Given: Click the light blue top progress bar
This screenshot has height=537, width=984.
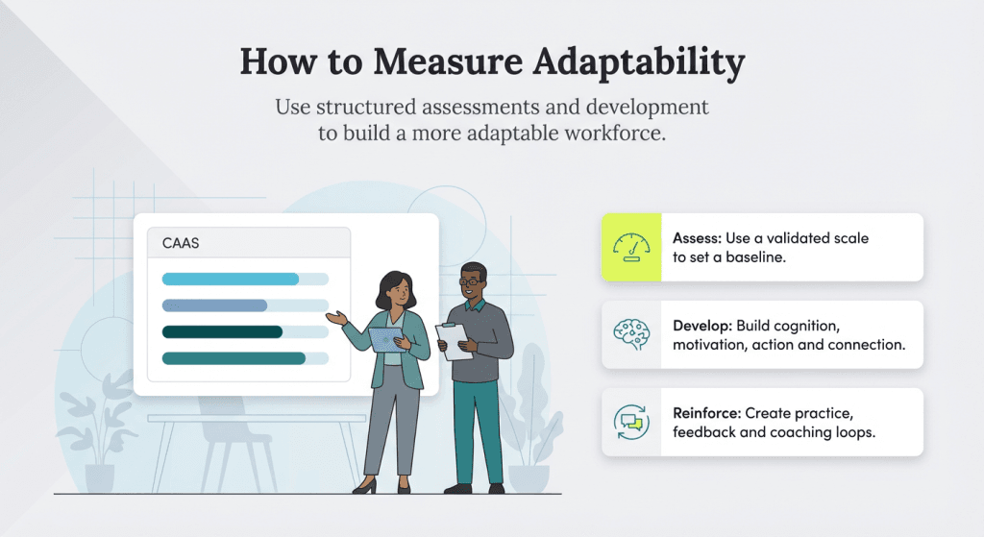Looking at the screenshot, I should (231, 280).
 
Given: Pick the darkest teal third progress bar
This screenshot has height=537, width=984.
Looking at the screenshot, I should (222, 332).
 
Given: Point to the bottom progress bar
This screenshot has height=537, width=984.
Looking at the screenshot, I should (234, 358).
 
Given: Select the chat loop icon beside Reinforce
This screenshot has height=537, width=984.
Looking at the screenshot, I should (631, 421).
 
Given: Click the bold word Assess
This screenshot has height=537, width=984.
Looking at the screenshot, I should (698, 238).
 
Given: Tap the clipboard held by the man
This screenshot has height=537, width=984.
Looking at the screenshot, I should (453, 338).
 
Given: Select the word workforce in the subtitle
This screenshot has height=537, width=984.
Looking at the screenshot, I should (617, 134).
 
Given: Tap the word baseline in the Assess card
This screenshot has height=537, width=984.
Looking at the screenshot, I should (745, 257).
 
